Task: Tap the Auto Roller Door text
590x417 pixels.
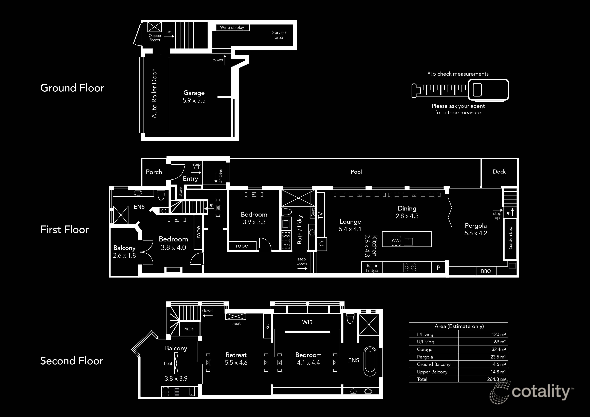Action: [x=154, y=94]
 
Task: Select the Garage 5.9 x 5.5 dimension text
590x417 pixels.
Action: [x=194, y=100]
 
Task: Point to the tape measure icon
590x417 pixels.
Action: [x=460, y=90]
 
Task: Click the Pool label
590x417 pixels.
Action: [x=356, y=172]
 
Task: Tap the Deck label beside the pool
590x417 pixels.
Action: [x=499, y=172]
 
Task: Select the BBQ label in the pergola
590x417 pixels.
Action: [x=486, y=271]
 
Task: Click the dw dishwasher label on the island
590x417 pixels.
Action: [x=396, y=240]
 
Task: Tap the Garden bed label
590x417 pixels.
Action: [x=510, y=238]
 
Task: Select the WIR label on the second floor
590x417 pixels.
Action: [x=307, y=322]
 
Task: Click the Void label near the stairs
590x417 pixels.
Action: [x=189, y=329]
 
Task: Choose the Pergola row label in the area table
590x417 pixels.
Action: [x=425, y=357]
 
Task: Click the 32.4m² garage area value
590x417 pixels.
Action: [x=499, y=349]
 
